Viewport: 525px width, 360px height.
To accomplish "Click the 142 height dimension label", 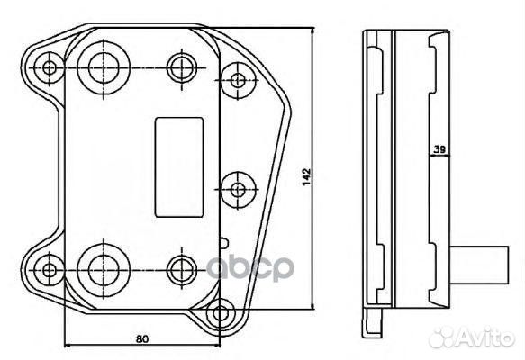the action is pyautogui.click(x=306, y=177).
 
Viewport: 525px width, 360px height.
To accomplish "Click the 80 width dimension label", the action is pyautogui.click(x=142, y=339).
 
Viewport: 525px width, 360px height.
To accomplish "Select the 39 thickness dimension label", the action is pyautogui.click(x=439, y=149).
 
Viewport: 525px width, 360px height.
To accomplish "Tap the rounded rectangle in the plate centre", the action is pyautogui.click(x=179, y=167).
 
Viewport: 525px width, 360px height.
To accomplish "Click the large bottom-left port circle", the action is pyautogui.click(x=104, y=270).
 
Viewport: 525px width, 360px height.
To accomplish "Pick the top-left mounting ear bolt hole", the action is pyautogui.click(x=50, y=68).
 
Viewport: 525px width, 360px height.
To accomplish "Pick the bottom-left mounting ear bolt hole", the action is pyautogui.click(x=50, y=270).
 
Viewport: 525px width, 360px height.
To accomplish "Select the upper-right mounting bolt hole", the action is pyautogui.click(x=238, y=80).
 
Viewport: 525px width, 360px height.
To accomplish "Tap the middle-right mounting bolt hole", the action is pyautogui.click(x=238, y=190).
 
